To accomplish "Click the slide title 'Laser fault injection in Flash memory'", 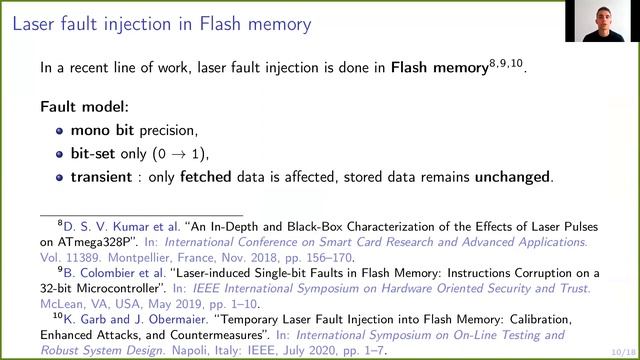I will [x=161, y=22].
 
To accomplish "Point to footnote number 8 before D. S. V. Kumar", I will [x=60, y=224].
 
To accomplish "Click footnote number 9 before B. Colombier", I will [x=60, y=269].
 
